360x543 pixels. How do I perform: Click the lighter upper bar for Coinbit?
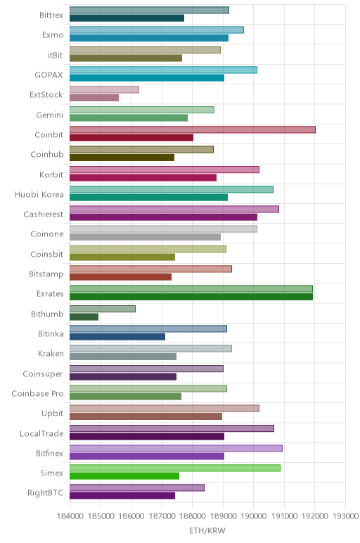coord(193,130)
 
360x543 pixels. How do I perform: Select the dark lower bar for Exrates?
coord(191,297)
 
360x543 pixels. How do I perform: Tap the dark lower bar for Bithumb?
coord(84,317)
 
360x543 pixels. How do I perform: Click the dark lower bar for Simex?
coord(124,476)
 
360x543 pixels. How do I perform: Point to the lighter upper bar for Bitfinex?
coord(176,448)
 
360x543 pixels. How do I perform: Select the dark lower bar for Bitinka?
coord(117,337)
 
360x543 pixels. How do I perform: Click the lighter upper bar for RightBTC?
coord(136,488)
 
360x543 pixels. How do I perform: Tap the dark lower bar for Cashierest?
coord(163,217)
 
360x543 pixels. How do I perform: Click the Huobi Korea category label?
coord(39,195)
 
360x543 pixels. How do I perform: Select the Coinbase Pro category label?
coord(37,394)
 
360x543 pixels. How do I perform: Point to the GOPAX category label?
coord(49,75)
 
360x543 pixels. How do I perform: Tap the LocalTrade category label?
coord(41,433)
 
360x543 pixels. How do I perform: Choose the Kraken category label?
coord(51,354)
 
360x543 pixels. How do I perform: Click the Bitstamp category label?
coord(46,274)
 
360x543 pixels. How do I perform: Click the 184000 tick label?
coord(70,516)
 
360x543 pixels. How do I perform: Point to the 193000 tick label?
coord(345,516)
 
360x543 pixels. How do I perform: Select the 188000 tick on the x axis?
coord(193,516)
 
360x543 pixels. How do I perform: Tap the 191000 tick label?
coord(284,516)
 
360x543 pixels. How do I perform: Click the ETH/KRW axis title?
coord(207,530)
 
